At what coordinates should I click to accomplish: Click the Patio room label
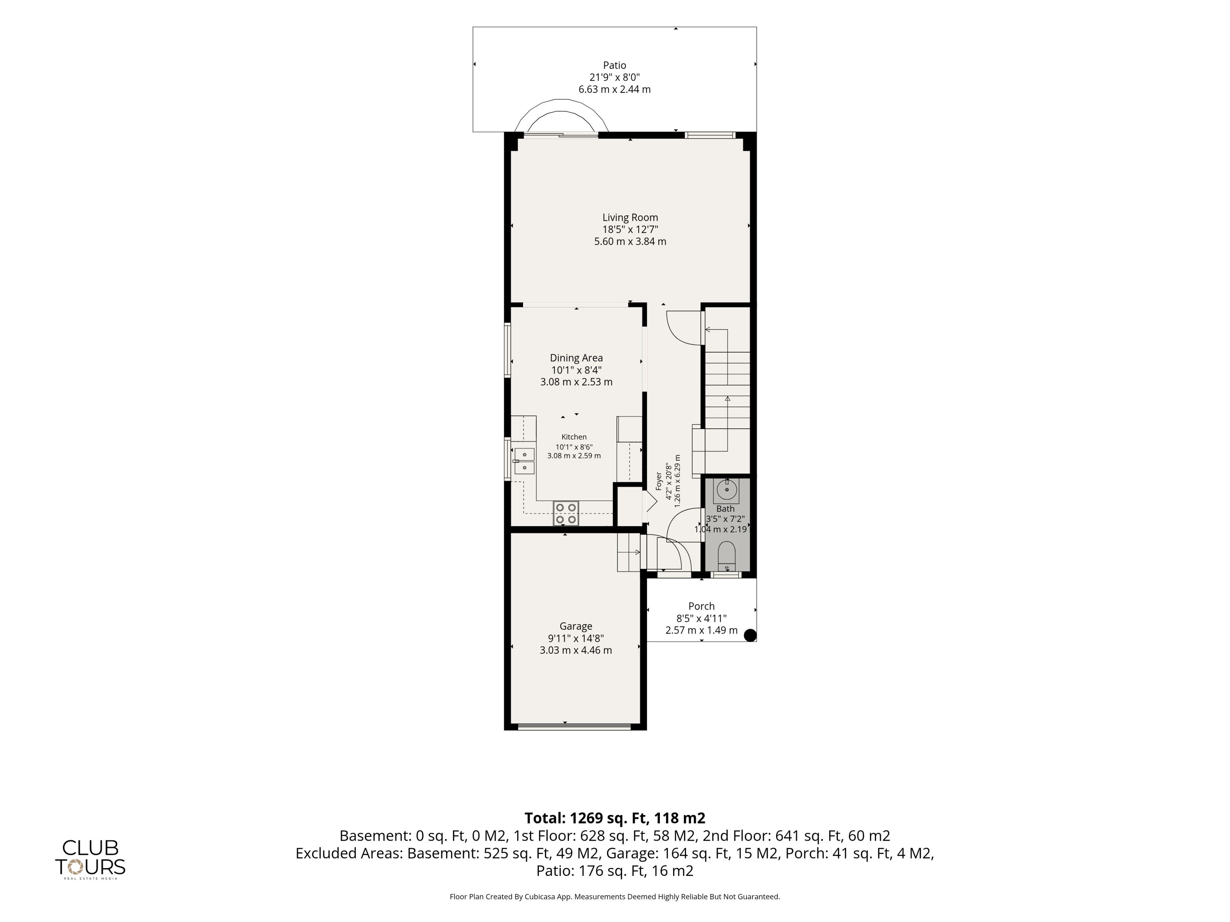[614, 65]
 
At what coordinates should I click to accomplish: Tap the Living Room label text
[630, 217]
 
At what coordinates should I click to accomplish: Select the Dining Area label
[576, 358]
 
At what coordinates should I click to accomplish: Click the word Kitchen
[574, 437]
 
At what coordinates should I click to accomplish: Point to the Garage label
[576, 626]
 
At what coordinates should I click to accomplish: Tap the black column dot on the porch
[750, 635]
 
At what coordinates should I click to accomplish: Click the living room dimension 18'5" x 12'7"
[630, 230]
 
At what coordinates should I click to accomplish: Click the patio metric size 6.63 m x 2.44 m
[614, 89]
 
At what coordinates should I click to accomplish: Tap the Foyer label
[659, 481]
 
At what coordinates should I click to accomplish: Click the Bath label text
[725, 508]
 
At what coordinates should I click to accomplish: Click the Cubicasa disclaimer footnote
[614, 896]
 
